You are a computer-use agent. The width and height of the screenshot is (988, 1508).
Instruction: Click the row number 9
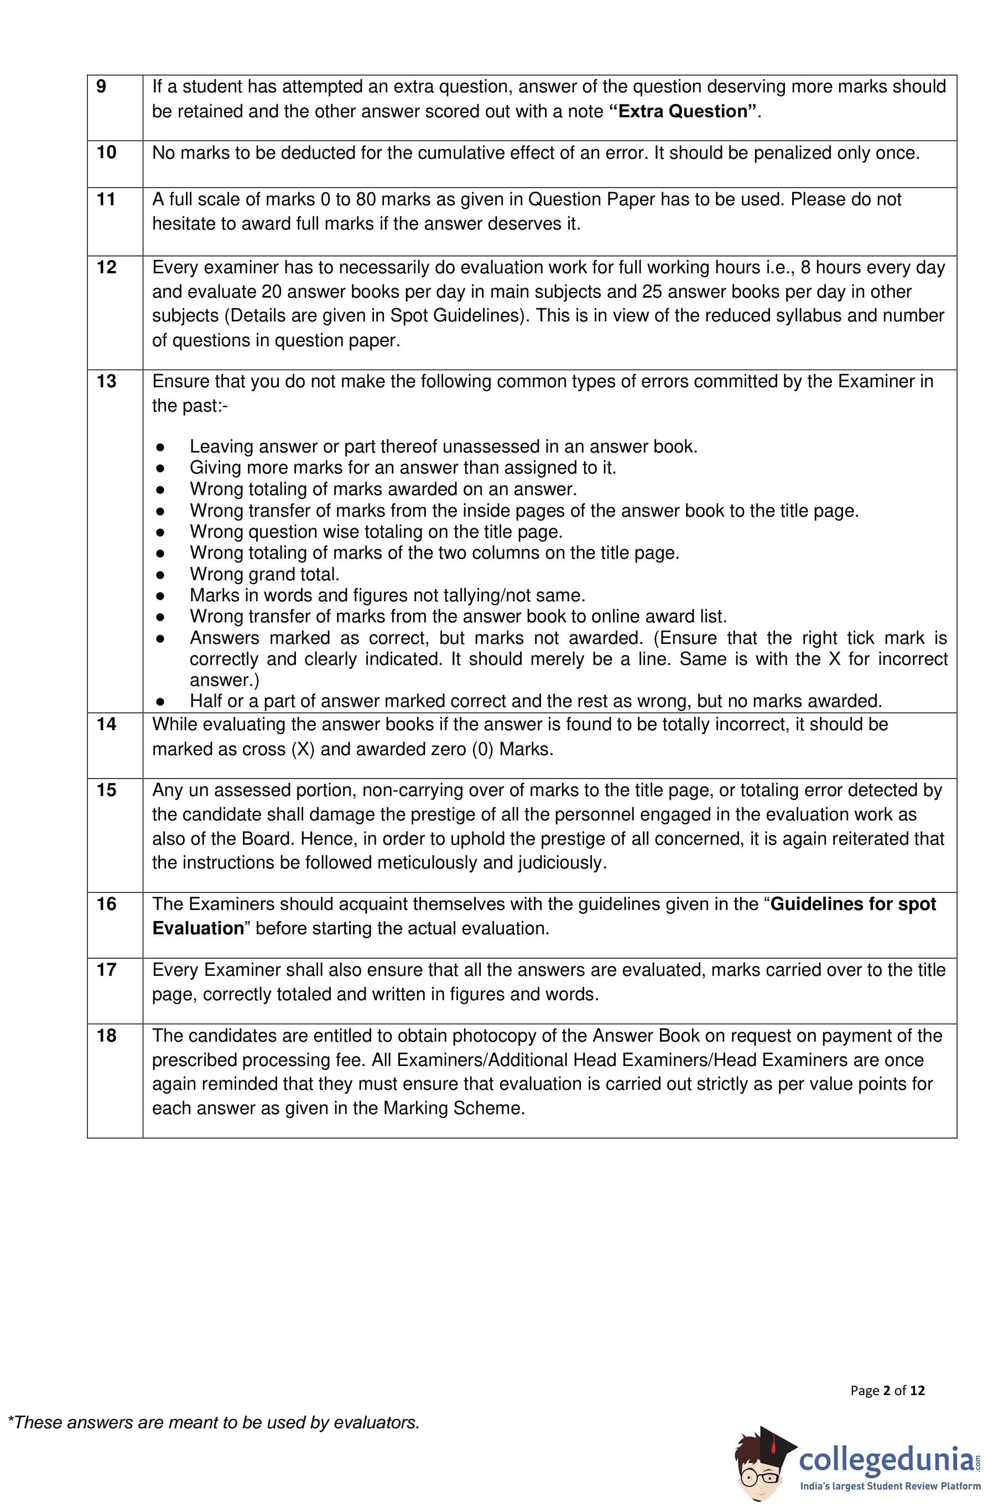pos(101,87)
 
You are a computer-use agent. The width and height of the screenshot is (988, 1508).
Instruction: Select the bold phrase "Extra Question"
pos(684,112)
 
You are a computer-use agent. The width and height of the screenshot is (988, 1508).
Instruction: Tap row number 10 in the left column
pos(106,153)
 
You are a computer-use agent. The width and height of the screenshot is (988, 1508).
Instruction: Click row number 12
pos(106,267)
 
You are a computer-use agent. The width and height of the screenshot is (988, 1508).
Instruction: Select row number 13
pos(106,382)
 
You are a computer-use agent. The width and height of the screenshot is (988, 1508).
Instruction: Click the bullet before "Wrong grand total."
pos(161,575)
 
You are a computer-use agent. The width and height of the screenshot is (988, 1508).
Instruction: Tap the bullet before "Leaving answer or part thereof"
pos(161,448)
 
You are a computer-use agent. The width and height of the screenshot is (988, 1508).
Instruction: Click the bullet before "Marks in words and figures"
pos(161,596)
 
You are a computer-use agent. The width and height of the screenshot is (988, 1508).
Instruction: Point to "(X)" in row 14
pos(304,750)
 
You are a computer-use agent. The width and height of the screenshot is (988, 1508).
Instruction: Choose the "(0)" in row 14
pos(483,750)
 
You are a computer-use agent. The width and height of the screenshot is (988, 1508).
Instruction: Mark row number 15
pos(106,790)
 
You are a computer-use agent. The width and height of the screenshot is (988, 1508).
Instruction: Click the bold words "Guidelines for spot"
pos(853,904)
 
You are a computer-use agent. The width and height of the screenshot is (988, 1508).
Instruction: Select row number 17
pos(106,970)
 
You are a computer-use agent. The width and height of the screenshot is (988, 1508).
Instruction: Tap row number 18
pos(106,1036)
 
